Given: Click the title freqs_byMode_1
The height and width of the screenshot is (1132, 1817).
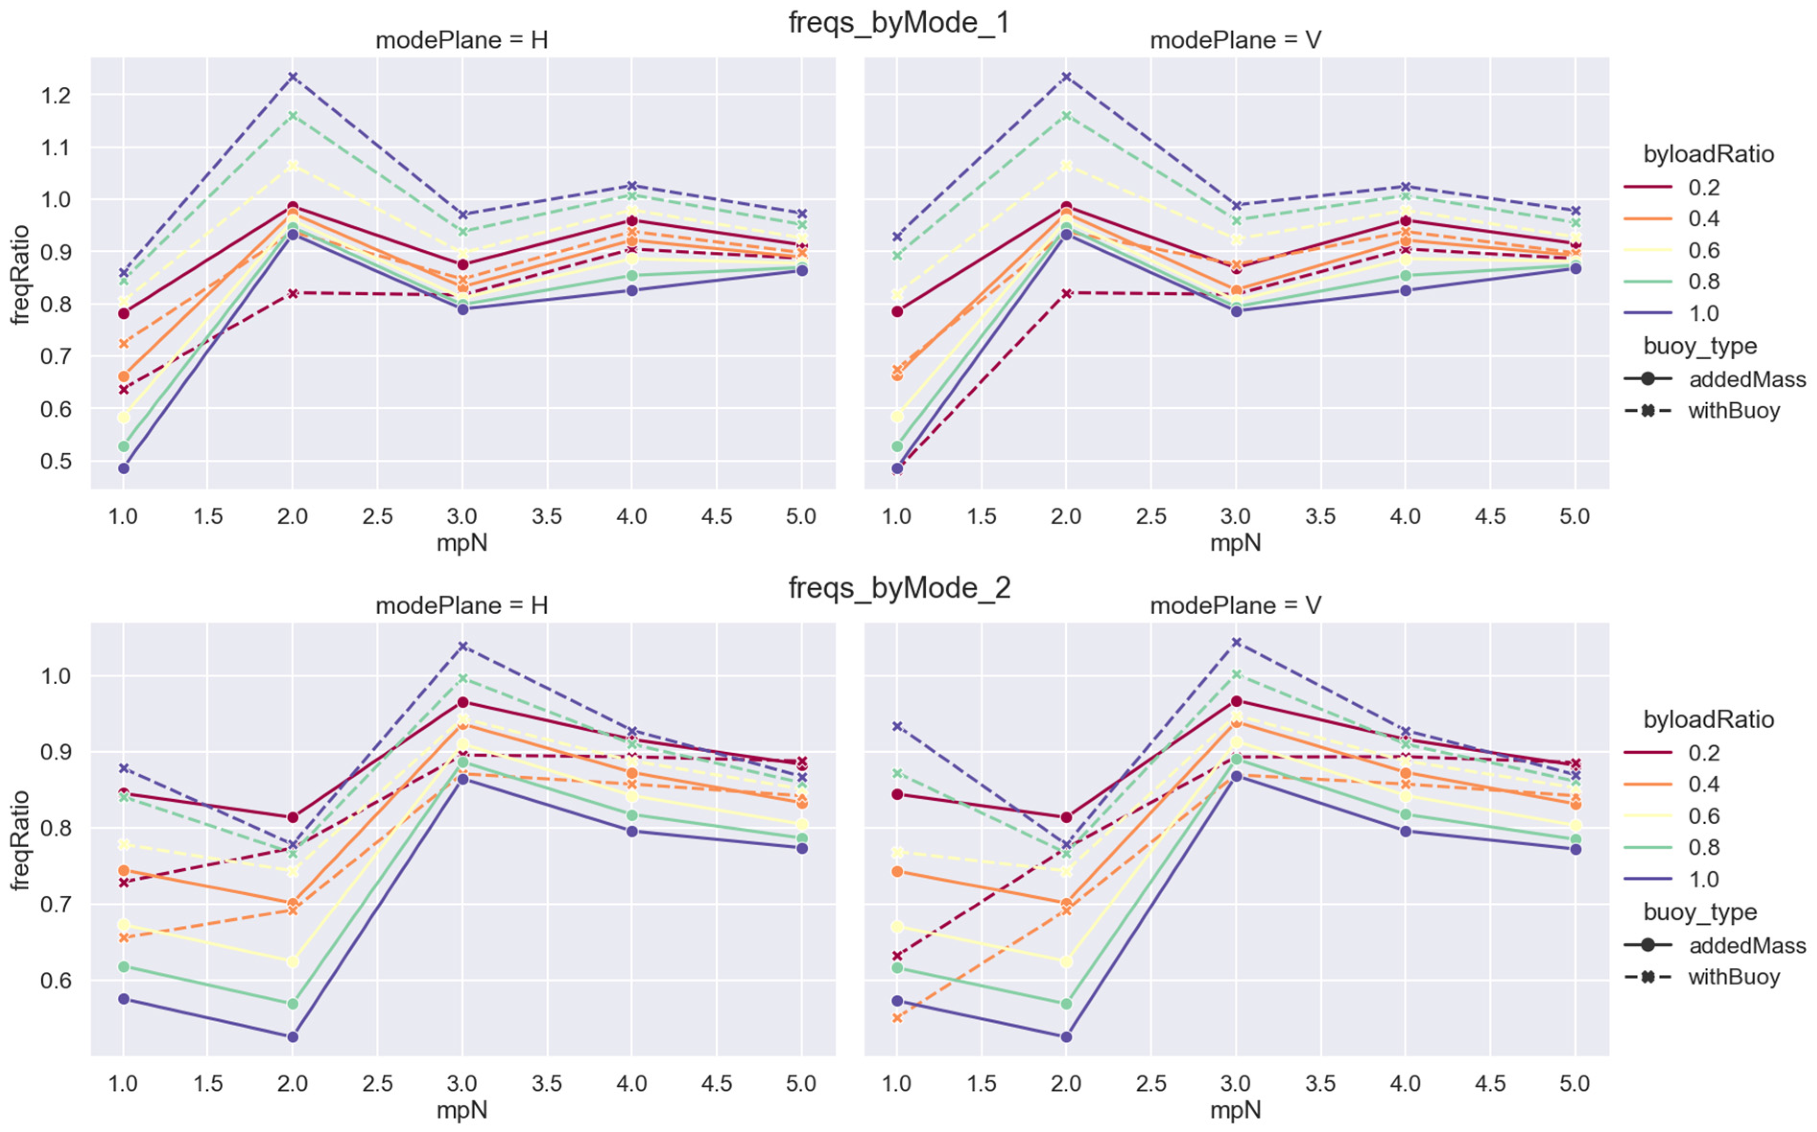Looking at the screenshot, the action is coord(899,23).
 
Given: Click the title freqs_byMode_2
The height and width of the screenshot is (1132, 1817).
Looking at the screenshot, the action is coord(899,588).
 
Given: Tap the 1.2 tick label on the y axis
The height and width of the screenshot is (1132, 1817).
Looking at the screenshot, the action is coord(58,96).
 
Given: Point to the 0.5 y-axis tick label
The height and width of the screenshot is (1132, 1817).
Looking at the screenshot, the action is coord(58,461).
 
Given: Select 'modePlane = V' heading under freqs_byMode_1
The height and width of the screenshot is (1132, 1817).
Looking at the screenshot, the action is coord(1236,40).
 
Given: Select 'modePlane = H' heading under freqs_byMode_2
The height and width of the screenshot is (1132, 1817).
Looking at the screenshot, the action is coord(462,605).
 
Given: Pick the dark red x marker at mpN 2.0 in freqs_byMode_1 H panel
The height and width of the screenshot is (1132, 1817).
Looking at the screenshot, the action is coord(293,293).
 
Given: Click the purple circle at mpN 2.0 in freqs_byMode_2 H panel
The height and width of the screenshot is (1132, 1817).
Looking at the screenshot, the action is coord(293,1037).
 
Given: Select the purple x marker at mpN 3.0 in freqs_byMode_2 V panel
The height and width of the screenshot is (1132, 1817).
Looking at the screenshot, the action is coord(1236,642).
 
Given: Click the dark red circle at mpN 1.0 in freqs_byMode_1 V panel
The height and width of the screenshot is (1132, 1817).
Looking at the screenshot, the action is coord(897,312).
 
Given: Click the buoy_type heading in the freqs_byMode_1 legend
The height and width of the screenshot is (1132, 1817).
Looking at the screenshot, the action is coord(1699,347).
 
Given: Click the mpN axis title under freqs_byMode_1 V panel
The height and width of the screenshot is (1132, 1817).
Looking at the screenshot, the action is coord(1236,543).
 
